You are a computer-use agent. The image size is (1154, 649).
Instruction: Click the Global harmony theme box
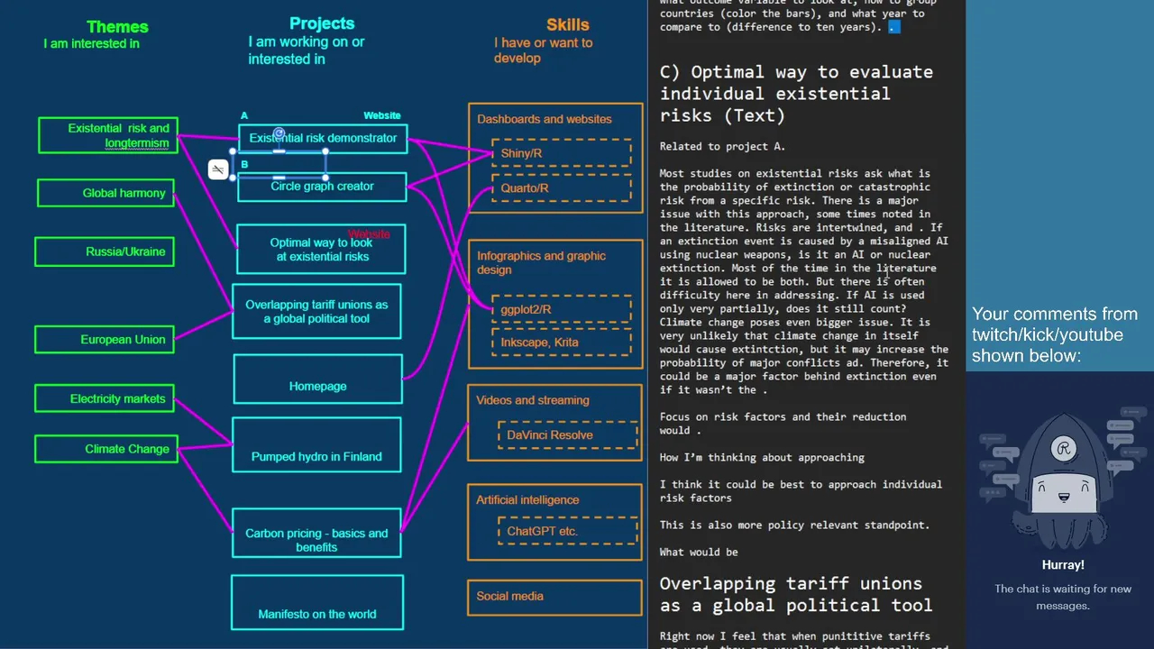click(105, 193)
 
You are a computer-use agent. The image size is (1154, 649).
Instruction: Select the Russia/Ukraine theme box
click(105, 251)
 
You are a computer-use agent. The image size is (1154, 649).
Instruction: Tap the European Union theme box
click(105, 340)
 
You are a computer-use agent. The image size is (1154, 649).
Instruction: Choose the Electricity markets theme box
click(105, 398)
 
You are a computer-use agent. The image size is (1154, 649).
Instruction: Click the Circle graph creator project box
click(322, 187)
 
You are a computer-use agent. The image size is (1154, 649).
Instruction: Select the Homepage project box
click(317, 379)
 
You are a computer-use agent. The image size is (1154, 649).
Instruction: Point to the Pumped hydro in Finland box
click(316, 444)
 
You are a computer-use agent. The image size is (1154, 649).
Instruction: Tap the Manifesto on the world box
click(316, 602)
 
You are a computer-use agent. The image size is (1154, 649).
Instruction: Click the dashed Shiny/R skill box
click(561, 153)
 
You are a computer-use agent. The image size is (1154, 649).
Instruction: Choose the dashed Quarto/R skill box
click(561, 188)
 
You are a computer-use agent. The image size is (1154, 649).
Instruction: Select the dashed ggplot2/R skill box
click(561, 309)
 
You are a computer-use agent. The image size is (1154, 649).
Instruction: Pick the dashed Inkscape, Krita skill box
click(561, 343)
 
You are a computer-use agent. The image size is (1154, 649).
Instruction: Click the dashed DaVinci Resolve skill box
click(555, 434)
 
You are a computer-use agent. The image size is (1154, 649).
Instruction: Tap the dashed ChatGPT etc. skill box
click(555, 531)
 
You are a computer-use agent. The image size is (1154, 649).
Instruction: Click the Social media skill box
click(554, 597)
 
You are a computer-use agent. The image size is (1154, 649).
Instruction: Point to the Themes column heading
click(117, 27)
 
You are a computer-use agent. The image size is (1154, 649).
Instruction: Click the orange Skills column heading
click(568, 25)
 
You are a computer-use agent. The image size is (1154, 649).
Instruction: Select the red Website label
click(369, 234)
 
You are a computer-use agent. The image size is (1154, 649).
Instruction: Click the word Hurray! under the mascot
click(1063, 565)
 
